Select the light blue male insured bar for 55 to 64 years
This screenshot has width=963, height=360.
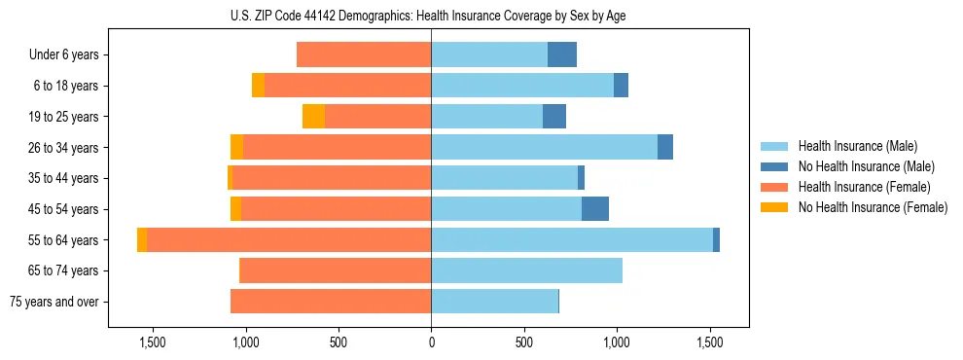[572, 239]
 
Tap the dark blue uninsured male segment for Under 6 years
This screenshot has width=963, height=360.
[562, 54]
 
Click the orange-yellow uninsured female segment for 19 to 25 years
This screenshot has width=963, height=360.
[313, 117]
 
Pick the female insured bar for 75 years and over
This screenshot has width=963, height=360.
[331, 302]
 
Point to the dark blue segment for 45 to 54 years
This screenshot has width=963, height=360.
[595, 209]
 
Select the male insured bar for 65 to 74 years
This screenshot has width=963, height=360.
[526, 270]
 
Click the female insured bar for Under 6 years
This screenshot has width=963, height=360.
[364, 54]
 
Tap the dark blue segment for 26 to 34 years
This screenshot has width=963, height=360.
[665, 147]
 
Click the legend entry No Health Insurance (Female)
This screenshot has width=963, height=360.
[873, 207]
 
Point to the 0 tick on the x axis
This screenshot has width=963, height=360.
[431, 342]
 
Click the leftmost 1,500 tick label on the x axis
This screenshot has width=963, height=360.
[153, 342]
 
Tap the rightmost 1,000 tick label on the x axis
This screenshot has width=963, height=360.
[617, 342]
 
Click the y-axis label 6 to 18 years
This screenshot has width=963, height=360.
[66, 86]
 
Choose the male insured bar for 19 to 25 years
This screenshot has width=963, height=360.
[486, 117]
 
